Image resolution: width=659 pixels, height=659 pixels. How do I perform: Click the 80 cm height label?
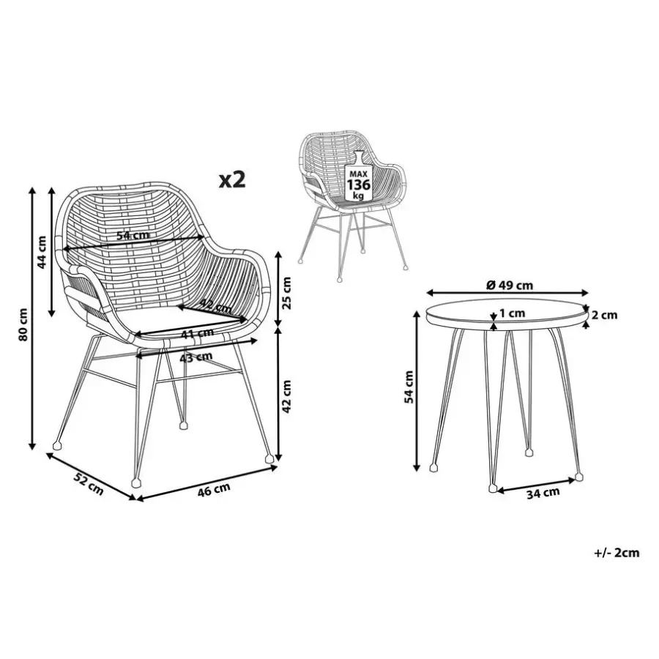pyautogui.click(x=23, y=324)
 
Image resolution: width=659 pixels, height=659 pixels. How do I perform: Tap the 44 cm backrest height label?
pyautogui.click(x=42, y=252)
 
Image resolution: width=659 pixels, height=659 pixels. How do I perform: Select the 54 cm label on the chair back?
pyautogui.click(x=133, y=235)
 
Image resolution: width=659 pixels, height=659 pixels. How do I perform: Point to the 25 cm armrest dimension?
pyautogui.click(x=286, y=293)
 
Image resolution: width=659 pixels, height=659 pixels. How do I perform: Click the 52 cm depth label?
pyautogui.click(x=89, y=483)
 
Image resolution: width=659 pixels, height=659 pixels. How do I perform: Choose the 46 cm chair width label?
pyautogui.click(x=214, y=490)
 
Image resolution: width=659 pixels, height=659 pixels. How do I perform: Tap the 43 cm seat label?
pyautogui.click(x=196, y=357)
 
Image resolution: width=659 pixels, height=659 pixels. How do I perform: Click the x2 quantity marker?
pyautogui.click(x=232, y=179)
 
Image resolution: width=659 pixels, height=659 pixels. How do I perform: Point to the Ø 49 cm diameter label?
pyautogui.click(x=510, y=286)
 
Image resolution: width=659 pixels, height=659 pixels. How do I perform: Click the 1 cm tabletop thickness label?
pyautogui.click(x=513, y=313)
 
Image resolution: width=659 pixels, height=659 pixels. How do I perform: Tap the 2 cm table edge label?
pyautogui.click(x=604, y=315)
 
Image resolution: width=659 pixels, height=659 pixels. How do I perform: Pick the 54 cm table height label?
pyautogui.click(x=409, y=387)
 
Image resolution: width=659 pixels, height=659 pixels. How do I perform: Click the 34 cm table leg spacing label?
pyautogui.click(x=543, y=493)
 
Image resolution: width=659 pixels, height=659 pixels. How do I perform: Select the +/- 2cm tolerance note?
pyautogui.click(x=617, y=553)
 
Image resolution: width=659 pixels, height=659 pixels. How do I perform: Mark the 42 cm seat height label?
pyautogui.click(x=286, y=396)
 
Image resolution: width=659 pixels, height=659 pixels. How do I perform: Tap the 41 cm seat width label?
pyautogui.click(x=197, y=334)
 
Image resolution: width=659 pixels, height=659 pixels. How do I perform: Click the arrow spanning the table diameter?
pyautogui.click(x=507, y=292)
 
